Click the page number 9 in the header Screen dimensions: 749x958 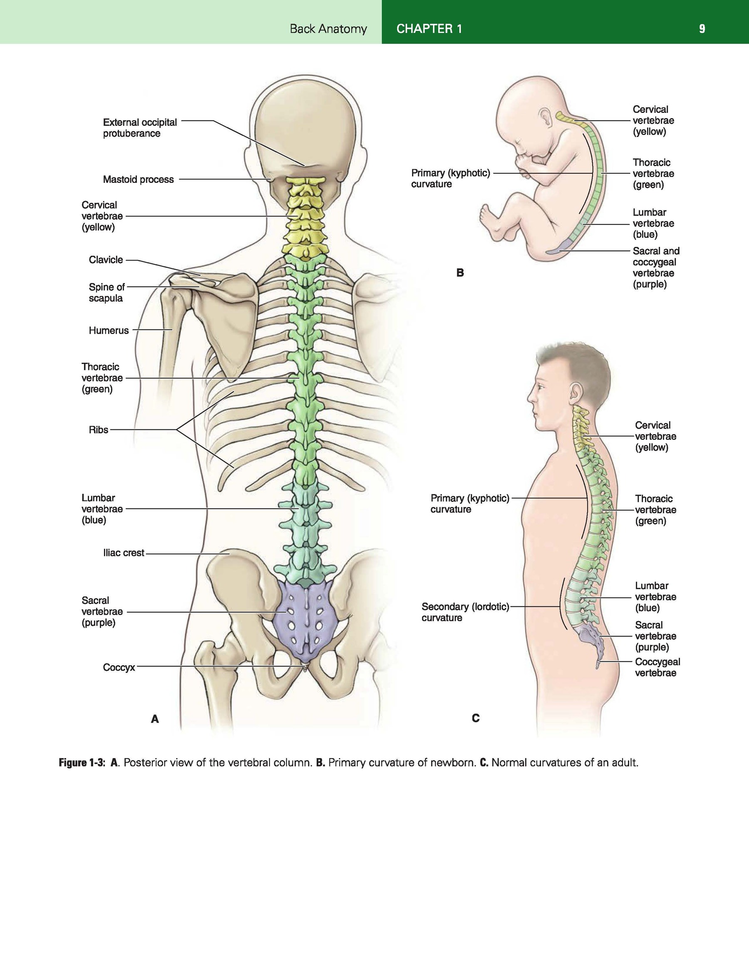point(702,29)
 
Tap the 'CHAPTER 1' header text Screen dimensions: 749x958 point(429,29)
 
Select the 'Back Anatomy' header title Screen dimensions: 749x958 point(328,29)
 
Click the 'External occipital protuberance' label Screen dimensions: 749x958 point(140,128)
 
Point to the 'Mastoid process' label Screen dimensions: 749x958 point(138,180)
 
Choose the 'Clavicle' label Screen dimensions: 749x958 point(106,260)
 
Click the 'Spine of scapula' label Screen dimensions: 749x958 point(107,293)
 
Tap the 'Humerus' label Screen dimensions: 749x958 point(109,330)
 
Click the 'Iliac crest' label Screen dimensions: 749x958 point(124,553)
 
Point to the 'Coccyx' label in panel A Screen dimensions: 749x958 point(119,668)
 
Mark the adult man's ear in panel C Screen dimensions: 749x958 point(575,392)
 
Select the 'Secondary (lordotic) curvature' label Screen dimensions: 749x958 point(465,612)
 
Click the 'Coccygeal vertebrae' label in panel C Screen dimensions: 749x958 point(657,668)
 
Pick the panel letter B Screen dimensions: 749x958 point(460,273)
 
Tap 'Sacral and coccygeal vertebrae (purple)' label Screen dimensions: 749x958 point(656,268)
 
